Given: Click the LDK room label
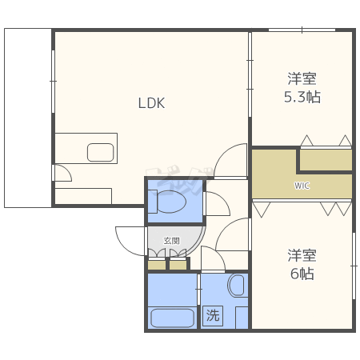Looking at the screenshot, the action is tap(151, 103).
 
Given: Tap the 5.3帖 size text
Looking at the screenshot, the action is tap(302, 97).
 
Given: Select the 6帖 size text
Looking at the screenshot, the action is tap(302, 274).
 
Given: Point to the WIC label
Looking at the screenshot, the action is tap(302, 186).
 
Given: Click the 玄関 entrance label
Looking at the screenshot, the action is tap(171, 241).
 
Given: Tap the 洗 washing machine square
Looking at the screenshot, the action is tap(213, 316).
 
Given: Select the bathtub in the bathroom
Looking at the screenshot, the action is tap(172, 318).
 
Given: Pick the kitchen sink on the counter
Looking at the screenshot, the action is tap(101, 153).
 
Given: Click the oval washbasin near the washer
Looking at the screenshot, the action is tap(236, 286).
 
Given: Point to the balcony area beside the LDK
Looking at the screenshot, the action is tap(28, 118).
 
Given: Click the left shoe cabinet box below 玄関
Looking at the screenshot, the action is tap(157, 265).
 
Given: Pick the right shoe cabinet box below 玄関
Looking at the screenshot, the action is tap(178, 265).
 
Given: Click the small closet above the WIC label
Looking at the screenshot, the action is tap(326, 160).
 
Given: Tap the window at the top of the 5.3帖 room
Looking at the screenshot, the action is tap(302, 30).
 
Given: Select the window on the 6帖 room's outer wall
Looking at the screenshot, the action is tap(354, 266).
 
